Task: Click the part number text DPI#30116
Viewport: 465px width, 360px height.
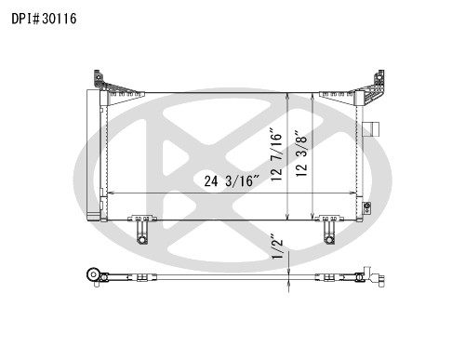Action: click(x=44, y=19)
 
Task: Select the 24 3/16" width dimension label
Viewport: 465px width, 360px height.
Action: click(x=232, y=180)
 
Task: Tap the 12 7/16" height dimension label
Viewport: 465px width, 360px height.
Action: click(x=276, y=154)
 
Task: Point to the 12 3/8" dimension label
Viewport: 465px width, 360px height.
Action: click(x=301, y=153)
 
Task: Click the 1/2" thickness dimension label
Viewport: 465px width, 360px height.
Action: click(x=277, y=247)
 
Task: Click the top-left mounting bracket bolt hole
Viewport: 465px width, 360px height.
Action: click(x=98, y=76)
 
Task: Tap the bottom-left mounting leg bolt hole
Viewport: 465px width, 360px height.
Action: click(x=142, y=239)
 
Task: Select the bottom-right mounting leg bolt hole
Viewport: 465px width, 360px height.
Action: click(x=328, y=239)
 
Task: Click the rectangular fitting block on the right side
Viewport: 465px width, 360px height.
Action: click(x=371, y=129)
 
